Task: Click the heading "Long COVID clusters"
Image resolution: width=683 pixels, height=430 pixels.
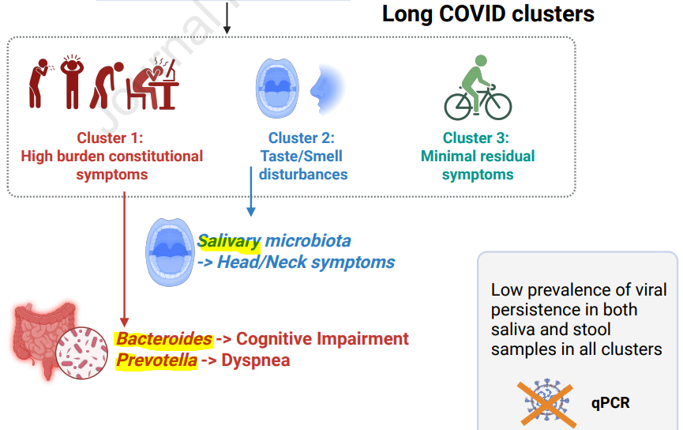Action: pos(488,14)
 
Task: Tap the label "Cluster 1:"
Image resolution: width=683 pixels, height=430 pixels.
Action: pos(110,138)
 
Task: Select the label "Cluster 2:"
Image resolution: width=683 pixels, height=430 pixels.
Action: pos(301,138)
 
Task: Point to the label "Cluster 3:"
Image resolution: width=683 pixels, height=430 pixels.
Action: pos(476,138)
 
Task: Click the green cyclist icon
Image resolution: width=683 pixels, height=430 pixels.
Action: pos(478,91)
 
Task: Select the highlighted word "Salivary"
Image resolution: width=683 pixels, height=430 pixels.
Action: pos(229,241)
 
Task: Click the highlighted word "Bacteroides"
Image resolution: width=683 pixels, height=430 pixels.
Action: pos(164,339)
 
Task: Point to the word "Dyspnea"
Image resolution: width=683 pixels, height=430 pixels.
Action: pos(256,360)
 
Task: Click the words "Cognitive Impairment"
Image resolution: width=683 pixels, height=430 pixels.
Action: pos(322,339)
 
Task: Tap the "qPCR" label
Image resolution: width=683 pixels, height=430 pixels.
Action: pos(610,402)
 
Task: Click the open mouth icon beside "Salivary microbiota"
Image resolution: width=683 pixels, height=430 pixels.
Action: pos(170,251)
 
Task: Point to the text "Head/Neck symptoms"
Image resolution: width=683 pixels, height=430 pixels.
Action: pos(306,262)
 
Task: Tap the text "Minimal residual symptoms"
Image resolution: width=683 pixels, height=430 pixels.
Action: pos(478,165)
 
